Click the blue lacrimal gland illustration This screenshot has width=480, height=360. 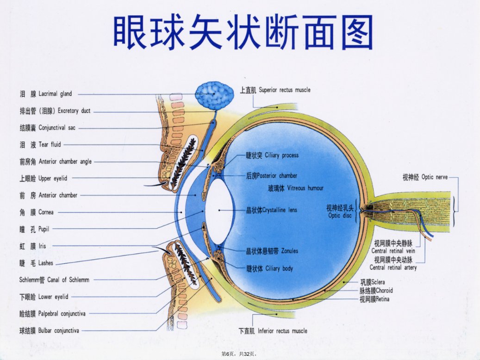point(215,95)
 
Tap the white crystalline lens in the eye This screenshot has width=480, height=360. point(219,211)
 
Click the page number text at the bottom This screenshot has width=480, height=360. point(239,354)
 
